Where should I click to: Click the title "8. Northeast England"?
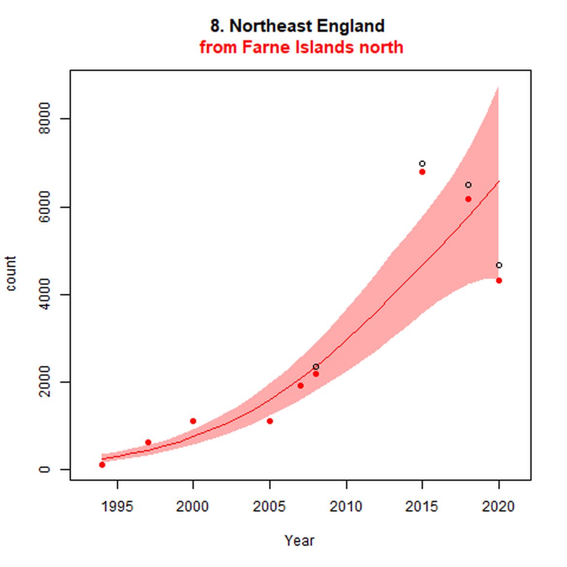(297, 26)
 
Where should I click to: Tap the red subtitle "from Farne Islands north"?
(301, 47)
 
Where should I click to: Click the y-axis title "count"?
(11, 273)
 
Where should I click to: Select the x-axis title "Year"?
(299, 540)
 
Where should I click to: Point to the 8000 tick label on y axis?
(45, 118)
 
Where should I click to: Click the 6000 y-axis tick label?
(45, 206)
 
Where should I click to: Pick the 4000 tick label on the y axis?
(45, 294)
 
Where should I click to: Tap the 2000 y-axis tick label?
(45, 382)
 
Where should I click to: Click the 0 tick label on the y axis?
(45, 469)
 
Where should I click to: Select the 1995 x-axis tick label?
(117, 506)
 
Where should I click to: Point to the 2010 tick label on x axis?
(346, 506)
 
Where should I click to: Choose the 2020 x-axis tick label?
(498, 506)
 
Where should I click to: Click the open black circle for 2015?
(422, 164)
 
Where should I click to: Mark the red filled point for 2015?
(422, 172)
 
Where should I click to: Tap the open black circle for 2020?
(499, 266)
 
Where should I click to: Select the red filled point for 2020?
(499, 281)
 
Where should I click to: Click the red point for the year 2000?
(193, 421)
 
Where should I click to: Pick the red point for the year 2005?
(270, 421)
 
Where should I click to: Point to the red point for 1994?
(102, 465)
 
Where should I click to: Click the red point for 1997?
(148, 442)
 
